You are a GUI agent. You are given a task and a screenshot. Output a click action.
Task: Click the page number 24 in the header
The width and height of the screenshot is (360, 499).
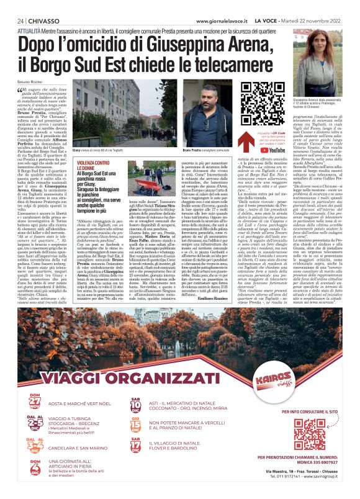point(21,20)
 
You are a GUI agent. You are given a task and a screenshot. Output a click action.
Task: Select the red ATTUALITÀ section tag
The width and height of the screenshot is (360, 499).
point(30,29)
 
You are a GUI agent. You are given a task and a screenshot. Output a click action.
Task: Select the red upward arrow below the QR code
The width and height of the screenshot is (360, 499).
point(243,142)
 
